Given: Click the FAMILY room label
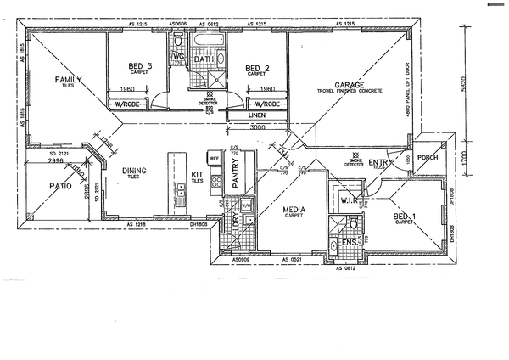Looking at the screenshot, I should (68, 79).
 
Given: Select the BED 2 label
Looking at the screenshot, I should (257, 68).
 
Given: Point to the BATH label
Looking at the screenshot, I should (204, 59).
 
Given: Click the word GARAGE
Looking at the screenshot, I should (350, 85).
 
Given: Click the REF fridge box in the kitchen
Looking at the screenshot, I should (214, 159).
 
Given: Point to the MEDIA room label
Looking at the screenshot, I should (294, 208).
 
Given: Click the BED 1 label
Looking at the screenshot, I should (405, 217).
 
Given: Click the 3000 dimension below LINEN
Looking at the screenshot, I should (259, 128).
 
